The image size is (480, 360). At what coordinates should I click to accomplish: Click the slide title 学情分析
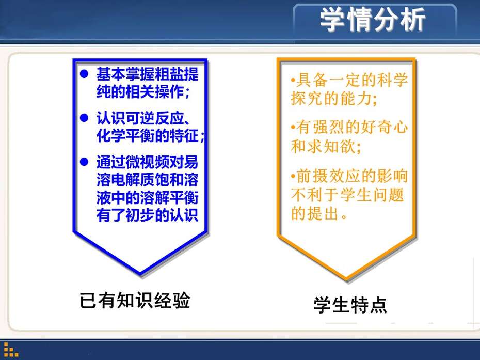(x=373, y=19)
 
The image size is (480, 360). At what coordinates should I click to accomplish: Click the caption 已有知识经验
(x=135, y=300)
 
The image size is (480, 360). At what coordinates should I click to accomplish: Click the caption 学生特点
(x=350, y=305)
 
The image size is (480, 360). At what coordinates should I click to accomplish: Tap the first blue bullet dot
(x=84, y=74)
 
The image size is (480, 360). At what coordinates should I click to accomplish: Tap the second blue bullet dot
(x=84, y=118)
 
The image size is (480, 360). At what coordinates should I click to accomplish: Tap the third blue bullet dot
(x=84, y=162)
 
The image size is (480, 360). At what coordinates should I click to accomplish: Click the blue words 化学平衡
(x=126, y=135)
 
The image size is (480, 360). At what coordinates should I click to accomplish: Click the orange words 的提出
(x=315, y=213)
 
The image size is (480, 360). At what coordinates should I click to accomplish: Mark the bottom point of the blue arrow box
(x=140, y=274)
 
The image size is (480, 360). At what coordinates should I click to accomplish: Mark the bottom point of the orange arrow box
(x=346, y=279)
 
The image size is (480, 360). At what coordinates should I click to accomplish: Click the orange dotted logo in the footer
(x=11, y=350)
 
